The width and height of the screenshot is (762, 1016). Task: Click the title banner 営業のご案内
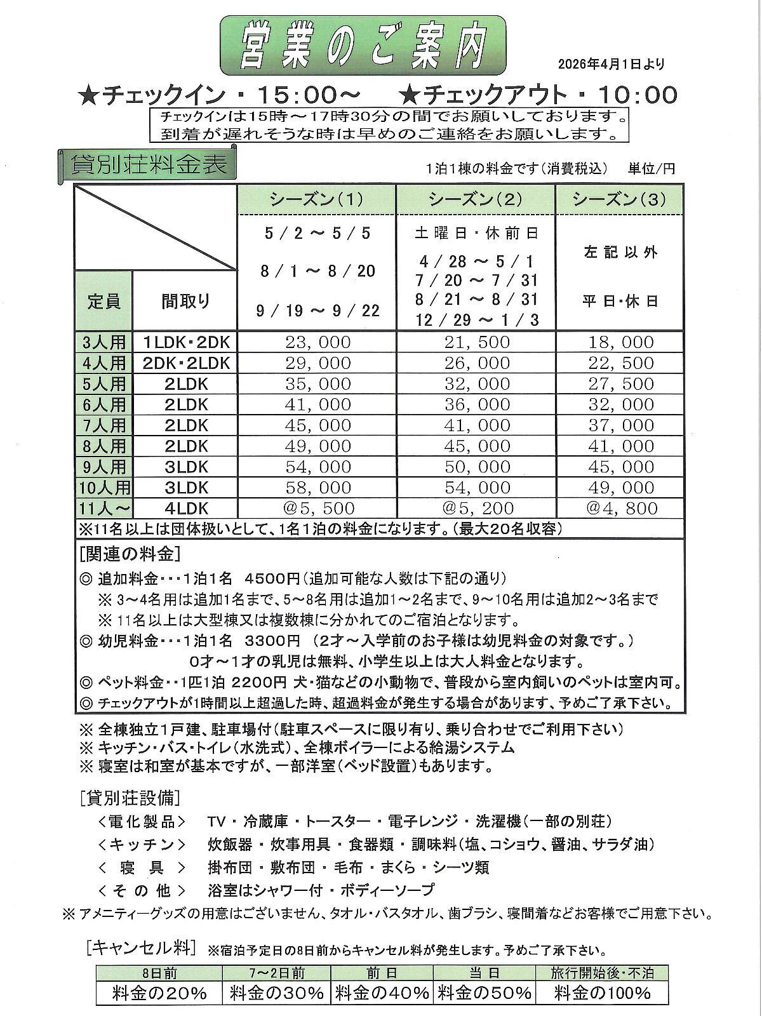363,46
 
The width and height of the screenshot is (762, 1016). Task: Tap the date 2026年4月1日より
611,63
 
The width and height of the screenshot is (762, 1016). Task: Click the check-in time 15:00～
307,95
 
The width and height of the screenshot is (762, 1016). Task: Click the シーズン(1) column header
316,199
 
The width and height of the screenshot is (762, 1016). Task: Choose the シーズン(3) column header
619,199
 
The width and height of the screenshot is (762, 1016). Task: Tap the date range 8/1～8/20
317,271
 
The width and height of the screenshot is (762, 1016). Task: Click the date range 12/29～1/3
476,319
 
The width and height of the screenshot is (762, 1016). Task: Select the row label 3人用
104,342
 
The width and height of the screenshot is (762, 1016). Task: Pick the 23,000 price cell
317,342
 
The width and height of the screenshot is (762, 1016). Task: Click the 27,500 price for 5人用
620,384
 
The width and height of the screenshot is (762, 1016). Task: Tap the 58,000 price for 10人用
317,488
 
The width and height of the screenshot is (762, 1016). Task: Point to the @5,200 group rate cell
476,509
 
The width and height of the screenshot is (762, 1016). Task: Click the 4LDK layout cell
185,509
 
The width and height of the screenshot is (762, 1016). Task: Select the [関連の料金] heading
130,554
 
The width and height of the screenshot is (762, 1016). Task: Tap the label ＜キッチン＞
141,845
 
